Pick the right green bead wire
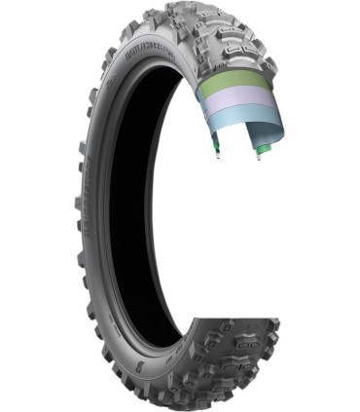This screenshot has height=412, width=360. tap(261, 146)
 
